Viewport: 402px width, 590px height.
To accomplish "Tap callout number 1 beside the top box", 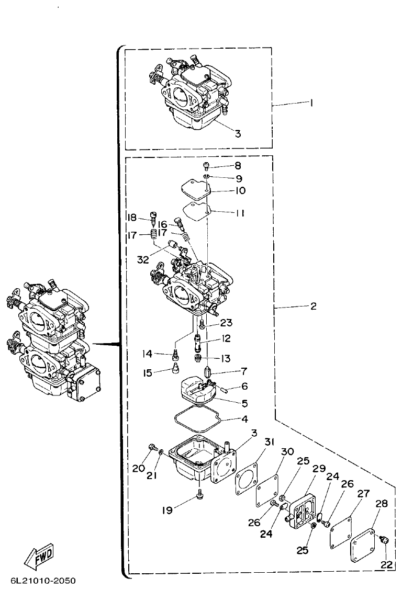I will [x=311, y=103].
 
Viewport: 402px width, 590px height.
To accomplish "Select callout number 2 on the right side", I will [x=313, y=307].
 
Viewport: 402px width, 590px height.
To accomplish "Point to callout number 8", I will [x=238, y=166].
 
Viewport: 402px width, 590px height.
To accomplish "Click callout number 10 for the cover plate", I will [x=240, y=191].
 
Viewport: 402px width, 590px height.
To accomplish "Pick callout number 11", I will [x=240, y=213].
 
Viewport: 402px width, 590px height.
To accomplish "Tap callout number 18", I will [x=131, y=218].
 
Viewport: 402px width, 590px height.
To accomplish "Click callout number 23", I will [x=226, y=323].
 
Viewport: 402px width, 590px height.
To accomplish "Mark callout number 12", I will [x=226, y=339].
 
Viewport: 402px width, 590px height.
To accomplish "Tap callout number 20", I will [x=139, y=468].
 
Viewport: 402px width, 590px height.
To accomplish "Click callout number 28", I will [x=381, y=504].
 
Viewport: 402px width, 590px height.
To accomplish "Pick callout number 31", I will [x=269, y=442].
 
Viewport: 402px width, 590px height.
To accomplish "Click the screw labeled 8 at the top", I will [x=207, y=166].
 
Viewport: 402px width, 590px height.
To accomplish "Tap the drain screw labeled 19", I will [x=200, y=493].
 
